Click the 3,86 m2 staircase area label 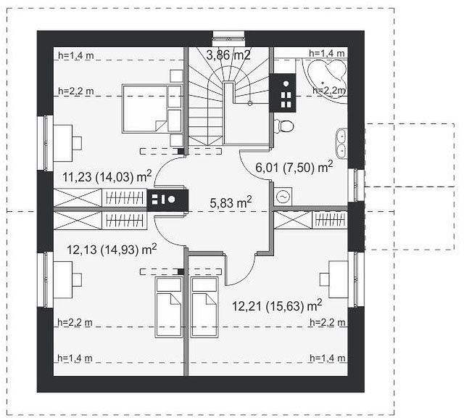pyautogui.click(x=228, y=55)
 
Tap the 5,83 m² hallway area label pyautogui.click(x=231, y=202)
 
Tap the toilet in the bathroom pyautogui.click(x=284, y=126)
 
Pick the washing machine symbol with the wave pyautogui.click(x=283, y=197)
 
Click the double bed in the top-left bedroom pyautogui.click(x=152, y=108)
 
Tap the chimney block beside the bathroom pyautogui.click(x=283, y=93)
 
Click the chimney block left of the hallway pyautogui.click(x=167, y=200)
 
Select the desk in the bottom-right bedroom pyautogui.click(x=334, y=279)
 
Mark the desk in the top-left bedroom pyautogui.click(x=67, y=143)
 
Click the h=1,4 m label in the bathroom pyautogui.click(x=327, y=53)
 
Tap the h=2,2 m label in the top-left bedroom pyautogui.click(x=75, y=91)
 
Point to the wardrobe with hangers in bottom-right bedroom pyautogui.click(x=330, y=221)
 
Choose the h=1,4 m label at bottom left pyautogui.click(x=75, y=358)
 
